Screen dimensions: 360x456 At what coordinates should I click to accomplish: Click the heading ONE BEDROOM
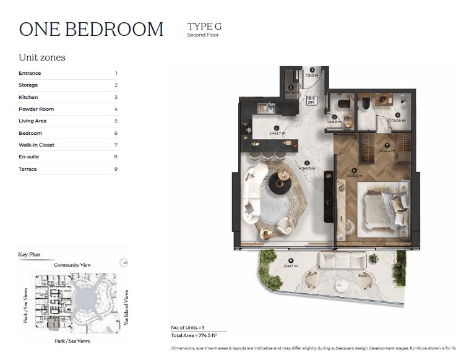coord(91,29)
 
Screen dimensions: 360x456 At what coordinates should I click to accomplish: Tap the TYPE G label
coord(204,26)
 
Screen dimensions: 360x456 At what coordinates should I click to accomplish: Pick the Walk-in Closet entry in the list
coord(37,145)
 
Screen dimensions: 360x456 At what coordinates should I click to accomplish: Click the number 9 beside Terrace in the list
coord(116,169)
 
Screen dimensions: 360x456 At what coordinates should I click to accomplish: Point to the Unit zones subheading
coord(42,58)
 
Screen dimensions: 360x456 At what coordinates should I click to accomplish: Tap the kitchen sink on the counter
coord(262,106)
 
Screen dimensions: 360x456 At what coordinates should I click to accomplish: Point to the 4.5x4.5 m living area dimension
coord(307,167)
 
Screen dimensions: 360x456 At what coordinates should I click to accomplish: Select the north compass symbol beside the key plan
coord(124,262)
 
